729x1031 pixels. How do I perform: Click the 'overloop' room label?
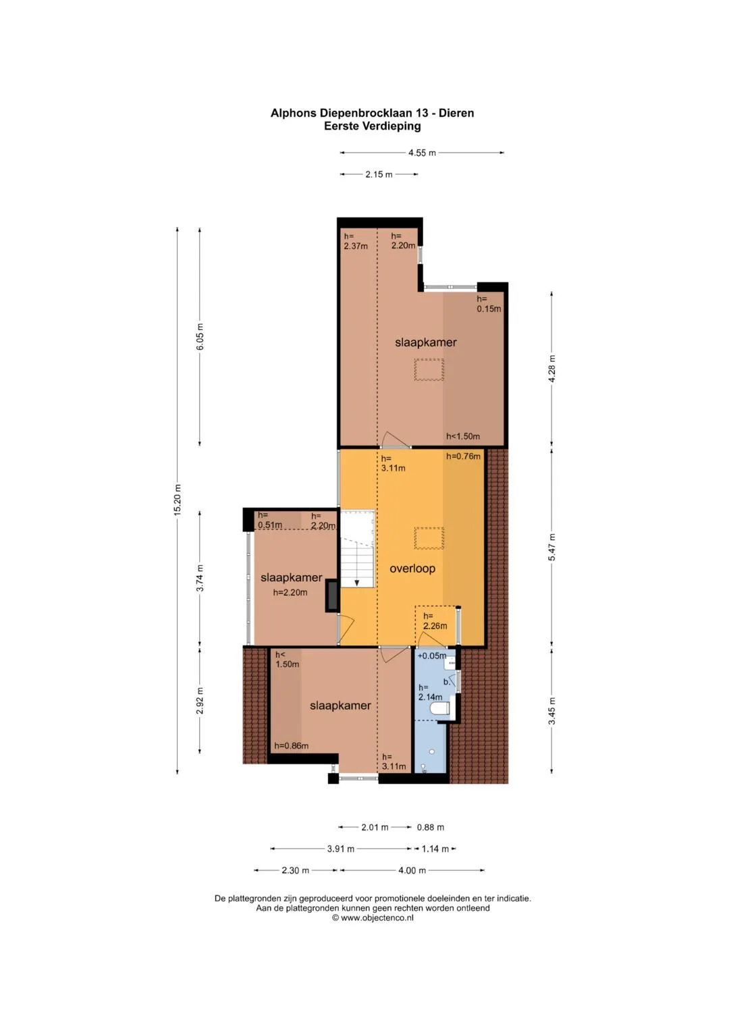(x=412, y=569)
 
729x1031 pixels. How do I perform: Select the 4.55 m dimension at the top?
(x=422, y=153)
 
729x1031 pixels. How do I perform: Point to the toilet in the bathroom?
(x=439, y=709)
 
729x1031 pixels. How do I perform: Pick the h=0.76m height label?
(x=463, y=456)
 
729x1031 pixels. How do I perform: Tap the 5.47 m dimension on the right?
(x=552, y=547)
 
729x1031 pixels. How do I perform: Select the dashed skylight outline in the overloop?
(x=429, y=538)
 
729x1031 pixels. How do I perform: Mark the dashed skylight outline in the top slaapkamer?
(x=429, y=369)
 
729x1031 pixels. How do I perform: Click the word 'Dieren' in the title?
(x=456, y=113)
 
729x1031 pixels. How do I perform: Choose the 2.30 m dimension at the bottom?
(x=296, y=870)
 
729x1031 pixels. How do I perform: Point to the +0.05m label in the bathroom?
(x=432, y=656)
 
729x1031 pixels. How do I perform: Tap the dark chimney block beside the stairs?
(x=332, y=596)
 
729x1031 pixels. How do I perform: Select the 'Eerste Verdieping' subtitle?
(x=373, y=126)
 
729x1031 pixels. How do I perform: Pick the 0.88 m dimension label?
(x=431, y=827)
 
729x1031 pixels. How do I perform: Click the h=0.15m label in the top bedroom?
(x=489, y=304)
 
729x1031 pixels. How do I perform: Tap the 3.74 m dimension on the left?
(x=200, y=579)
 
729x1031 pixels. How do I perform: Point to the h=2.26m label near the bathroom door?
(x=435, y=621)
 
